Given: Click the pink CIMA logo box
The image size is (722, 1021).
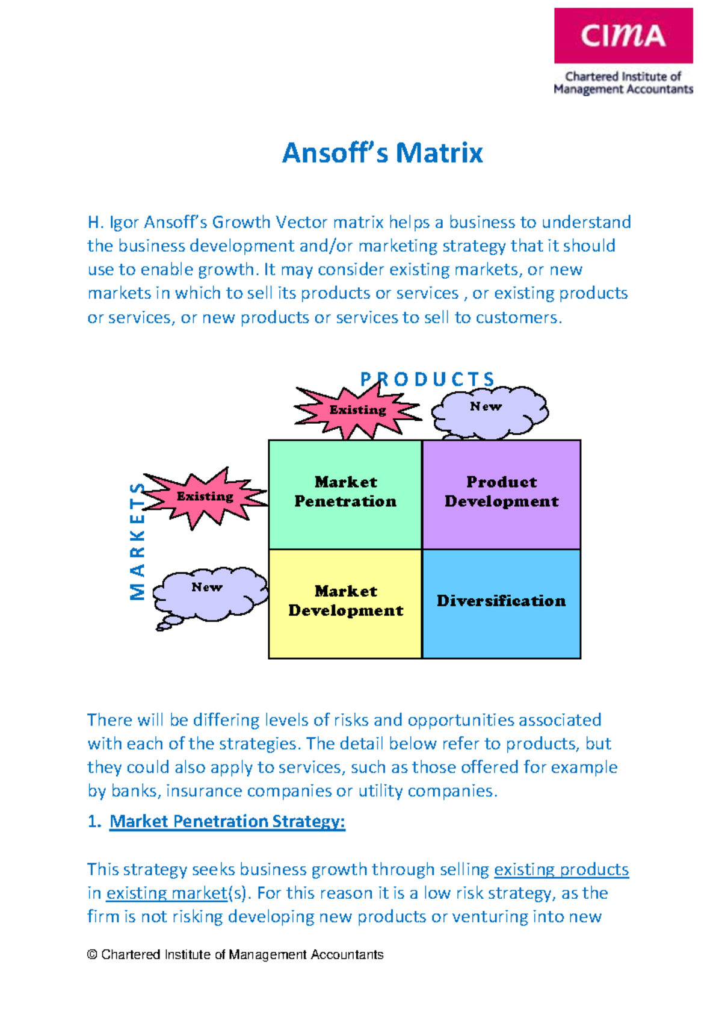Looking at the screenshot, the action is pyautogui.click(x=623, y=36).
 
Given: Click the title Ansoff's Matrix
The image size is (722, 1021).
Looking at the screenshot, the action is pyautogui.click(x=382, y=153).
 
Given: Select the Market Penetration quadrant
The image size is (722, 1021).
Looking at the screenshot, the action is pyautogui.click(x=345, y=495).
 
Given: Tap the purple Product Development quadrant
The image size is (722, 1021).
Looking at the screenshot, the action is pyautogui.click(x=502, y=495).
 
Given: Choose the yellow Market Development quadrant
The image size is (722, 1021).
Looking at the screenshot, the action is pyautogui.click(x=345, y=604).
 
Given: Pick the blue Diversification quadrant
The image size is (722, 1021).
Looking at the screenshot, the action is pyautogui.click(x=502, y=604).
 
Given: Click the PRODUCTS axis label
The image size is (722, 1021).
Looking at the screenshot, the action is pyautogui.click(x=427, y=379).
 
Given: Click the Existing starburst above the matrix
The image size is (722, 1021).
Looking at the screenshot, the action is pyautogui.click(x=357, y=410).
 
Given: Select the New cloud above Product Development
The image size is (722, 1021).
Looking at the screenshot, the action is pyautogui.click(x=489, y=412).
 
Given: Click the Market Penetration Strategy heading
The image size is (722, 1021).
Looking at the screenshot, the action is pyautogui.click(x=227, y=821).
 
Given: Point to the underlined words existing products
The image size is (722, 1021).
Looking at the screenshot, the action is pyautogui.click(x=561, y=870).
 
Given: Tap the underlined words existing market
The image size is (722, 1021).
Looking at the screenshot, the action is pyautogui.click(x=167, y=893).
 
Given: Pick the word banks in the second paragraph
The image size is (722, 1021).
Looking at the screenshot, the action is pyautogui.click(x=135, y=791).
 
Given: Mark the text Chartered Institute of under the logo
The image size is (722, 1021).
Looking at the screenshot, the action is pyautogui.click(x=623, y=76).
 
